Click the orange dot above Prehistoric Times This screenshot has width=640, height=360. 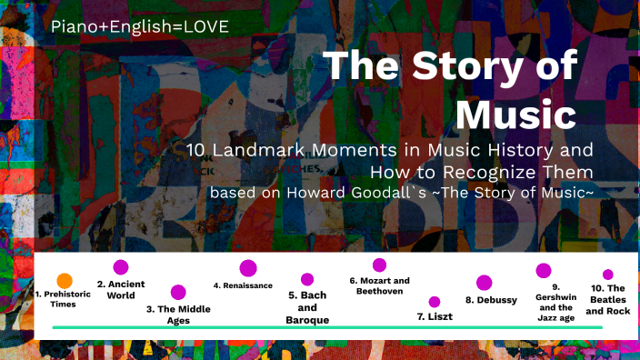point(65,281)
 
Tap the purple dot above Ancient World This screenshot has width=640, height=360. point(121,267)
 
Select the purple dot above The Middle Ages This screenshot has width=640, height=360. point(178,292)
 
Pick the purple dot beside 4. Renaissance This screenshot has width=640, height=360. point(247,268)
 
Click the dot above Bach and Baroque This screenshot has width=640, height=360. point(307,279)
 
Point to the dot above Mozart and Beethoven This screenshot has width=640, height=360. point(379,265)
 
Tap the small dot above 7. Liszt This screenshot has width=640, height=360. point(435,302)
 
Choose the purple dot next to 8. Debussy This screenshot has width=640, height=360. point(484,283)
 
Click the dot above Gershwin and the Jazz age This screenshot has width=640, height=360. point(544,270)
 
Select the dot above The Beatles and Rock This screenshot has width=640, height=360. point(607,275)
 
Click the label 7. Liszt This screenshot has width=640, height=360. point(435,316)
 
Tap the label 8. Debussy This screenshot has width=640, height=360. point(491,300)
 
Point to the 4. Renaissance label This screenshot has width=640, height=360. point(243,285)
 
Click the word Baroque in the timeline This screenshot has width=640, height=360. point(307,320)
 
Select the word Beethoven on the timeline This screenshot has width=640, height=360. point(379,292)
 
